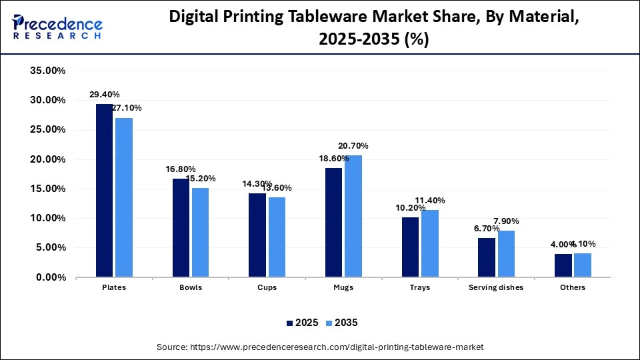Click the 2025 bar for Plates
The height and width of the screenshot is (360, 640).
pos(104,190)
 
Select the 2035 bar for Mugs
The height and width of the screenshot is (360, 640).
pos(353,216)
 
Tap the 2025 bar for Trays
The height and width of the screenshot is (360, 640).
pos(410,247)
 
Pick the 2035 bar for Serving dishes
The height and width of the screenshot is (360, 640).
pos(506,253)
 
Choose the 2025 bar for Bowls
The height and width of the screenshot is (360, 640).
pos(181,227)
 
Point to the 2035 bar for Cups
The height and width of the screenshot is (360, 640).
pos(277,237)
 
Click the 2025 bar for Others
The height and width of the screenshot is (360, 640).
pos(563,265)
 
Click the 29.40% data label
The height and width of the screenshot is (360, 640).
pos(106,95)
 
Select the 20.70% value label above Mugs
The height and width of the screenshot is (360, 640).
pos(353,146)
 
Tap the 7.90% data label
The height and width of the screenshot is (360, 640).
pos(505,221)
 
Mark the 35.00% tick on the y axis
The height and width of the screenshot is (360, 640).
pos(47,71)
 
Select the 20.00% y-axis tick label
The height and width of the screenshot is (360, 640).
pos(47,159)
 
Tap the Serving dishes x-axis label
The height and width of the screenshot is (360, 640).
pos(496,288)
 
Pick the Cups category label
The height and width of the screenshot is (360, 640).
pos(267,288)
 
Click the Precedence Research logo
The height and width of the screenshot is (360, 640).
pos(57,27)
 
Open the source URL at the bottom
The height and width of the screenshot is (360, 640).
pos(319,347)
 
